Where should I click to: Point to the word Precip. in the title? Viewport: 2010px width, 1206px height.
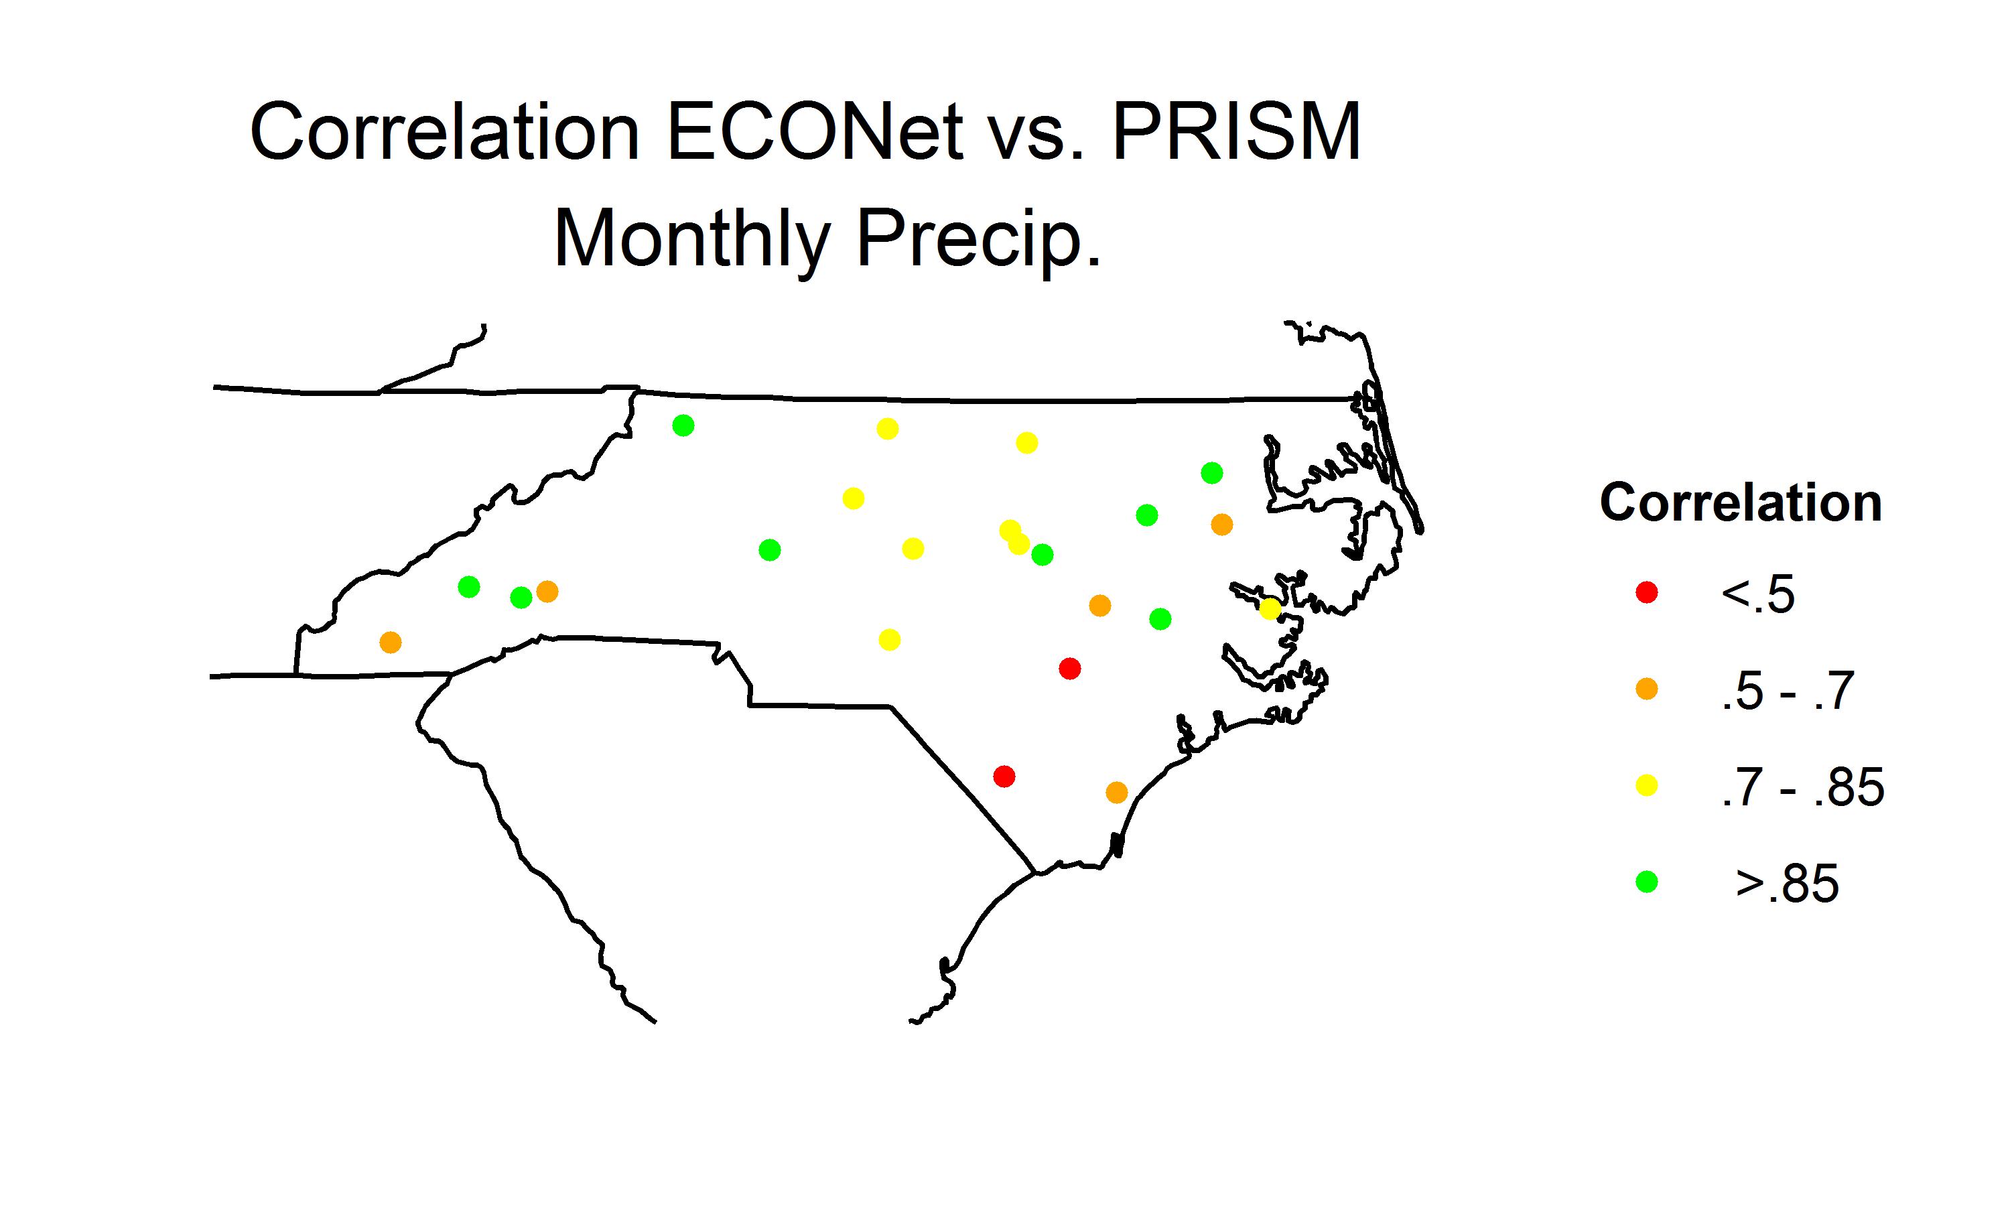[x=979, y=239]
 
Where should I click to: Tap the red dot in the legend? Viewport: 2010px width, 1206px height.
[x=1646, y=592]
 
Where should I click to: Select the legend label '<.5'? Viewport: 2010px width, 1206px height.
[x=1757, y=594]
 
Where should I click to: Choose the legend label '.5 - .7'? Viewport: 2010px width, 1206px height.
[x=1787, y=691]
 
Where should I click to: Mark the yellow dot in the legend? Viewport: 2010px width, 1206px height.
[x=1646, y=786]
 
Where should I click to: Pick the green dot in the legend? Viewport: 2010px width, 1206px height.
[x=1646, y=882]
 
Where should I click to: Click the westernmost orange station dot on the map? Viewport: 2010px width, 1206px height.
[x=391, y=643]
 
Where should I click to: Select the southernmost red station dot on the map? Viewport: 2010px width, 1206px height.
[x=1004, y=776]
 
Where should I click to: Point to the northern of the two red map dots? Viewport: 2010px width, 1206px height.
[x=1070, y=669]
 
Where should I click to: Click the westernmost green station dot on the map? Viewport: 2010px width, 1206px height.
[x=469, y=587]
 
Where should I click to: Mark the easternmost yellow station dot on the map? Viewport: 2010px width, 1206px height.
[x=1270, y=608]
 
